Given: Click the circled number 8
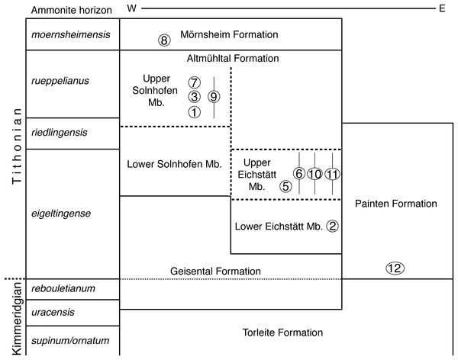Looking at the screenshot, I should tap(163, 40).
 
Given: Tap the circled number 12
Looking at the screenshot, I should tap(394, 268).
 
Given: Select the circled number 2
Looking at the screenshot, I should tap(332, 226).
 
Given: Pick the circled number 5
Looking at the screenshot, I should tap(285, 185).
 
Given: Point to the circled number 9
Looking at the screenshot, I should tap(214, 96).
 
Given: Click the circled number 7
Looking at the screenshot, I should tap(195, 82).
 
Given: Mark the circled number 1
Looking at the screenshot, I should tap(195, 111).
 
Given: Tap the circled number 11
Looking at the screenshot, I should tap(332, 173).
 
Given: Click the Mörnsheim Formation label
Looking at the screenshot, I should tap(230, 35).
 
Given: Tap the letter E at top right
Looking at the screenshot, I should tap(441, 9).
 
